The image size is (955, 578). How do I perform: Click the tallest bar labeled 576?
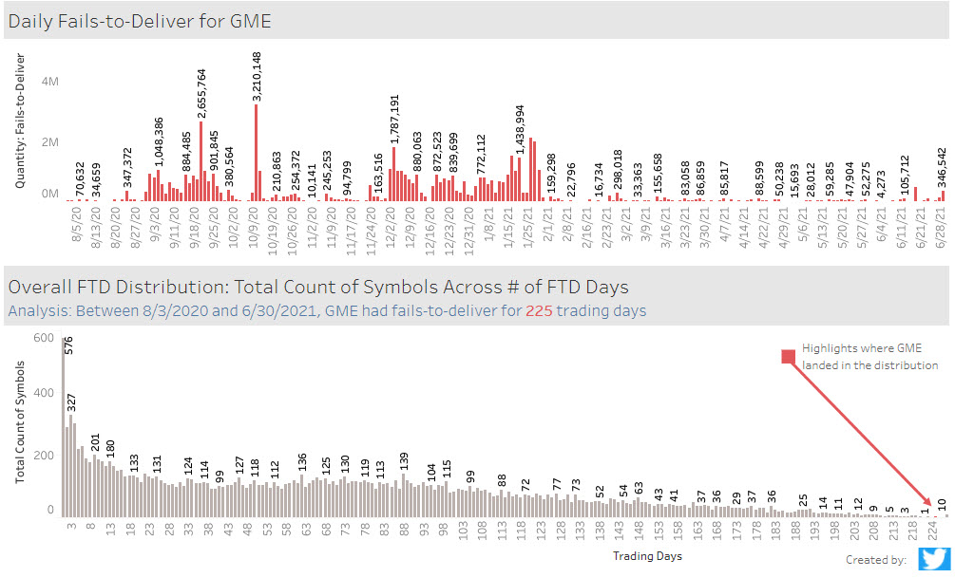pos(64,427)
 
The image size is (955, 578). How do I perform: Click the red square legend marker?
pos(787,357)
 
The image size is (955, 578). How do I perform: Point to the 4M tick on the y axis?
pos(48,82)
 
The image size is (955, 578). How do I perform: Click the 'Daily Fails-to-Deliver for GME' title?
pos(140,21)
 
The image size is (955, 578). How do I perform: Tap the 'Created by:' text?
pos(875,560)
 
